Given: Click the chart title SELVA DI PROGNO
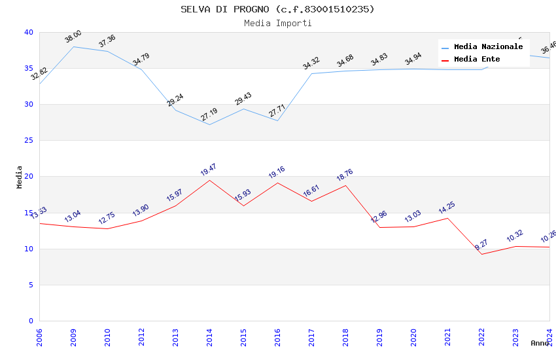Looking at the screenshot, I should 277,9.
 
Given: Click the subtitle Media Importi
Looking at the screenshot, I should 277,23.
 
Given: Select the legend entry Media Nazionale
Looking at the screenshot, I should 488,46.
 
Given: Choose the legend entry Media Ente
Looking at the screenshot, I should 477,59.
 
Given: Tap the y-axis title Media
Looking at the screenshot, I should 20,177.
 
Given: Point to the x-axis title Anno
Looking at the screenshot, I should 540,343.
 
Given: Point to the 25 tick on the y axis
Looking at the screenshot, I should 29,140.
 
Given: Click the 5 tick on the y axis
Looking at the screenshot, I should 31,285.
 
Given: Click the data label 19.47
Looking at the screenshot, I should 209,170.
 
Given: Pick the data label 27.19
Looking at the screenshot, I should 209,115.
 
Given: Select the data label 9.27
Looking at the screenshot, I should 481,245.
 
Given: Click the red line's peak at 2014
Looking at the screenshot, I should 209,180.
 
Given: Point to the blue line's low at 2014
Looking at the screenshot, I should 209,124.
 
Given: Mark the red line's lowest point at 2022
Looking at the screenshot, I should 481,254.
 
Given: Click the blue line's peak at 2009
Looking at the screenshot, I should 73,46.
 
